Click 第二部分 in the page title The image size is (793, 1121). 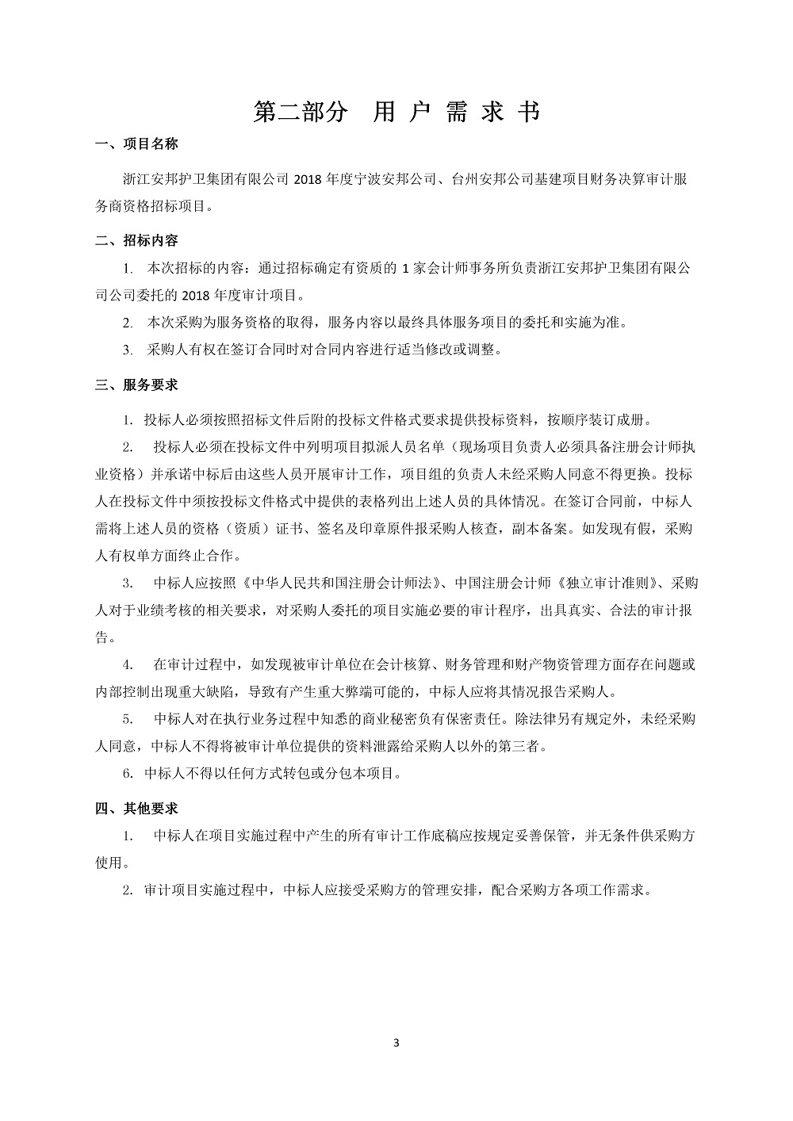click(x=301, y=113)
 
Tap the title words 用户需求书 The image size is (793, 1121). click(x=456, y=113)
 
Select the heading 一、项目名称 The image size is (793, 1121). click(x=136, y=144)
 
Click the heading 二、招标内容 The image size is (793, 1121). click(x=136, y=240)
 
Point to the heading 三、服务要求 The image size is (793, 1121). click(x=136, y=385)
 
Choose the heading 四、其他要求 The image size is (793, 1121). click(x=136, y=809)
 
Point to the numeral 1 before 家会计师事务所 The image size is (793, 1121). click(x=407, y=269)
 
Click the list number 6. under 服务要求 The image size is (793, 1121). click(x=127, y=773)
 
